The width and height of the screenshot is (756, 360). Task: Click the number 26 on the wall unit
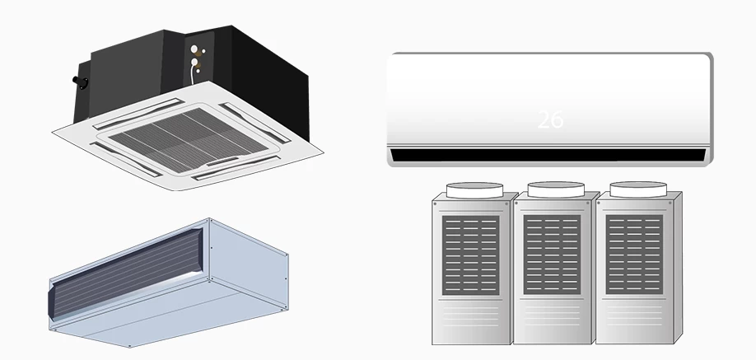click(x=550, y=119)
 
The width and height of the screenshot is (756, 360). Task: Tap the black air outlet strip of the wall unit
click(x=548, y=155)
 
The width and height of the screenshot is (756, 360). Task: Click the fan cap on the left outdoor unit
click(x=473, y=189)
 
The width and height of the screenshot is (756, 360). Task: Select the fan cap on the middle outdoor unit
click(x=556, y=189)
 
